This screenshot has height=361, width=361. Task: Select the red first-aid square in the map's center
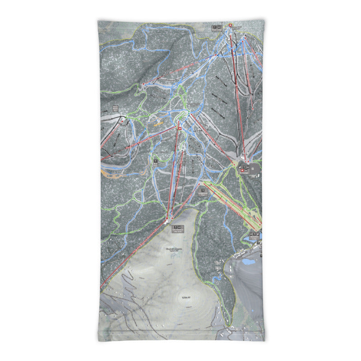click(180, 129)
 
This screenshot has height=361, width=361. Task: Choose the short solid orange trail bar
click(157, 122)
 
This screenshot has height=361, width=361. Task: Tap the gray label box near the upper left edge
click(115, 108)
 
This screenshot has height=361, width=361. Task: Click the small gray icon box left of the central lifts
click(155, 162)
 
